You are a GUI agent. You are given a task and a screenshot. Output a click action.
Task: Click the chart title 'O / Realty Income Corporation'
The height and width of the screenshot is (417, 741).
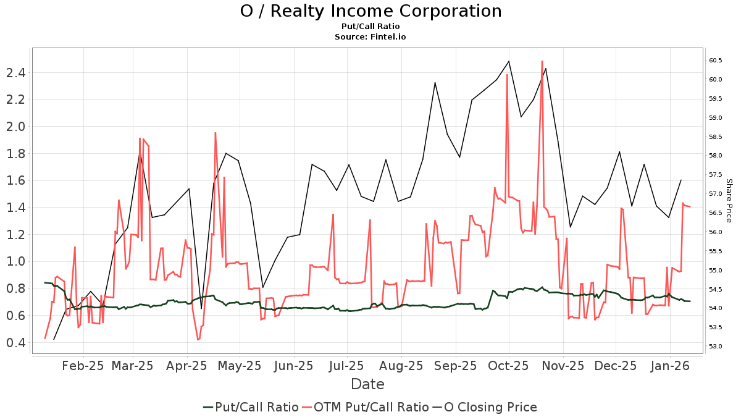[x=371, y=11]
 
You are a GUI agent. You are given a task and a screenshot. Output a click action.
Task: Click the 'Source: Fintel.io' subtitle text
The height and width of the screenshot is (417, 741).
[x=371, y=37]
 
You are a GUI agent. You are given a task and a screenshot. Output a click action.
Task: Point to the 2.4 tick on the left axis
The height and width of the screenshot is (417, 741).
[x=15, y=73]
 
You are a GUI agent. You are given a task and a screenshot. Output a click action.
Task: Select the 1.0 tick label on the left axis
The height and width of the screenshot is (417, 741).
[x=15, y=261]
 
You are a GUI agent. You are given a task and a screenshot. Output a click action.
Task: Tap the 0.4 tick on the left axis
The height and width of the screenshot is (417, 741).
[x=15, y=342]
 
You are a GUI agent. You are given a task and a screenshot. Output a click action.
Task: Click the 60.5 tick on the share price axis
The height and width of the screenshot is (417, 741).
[x=716, y=60]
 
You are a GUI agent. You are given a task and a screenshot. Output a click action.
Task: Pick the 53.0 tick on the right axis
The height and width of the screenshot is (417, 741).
[x=716, y=346]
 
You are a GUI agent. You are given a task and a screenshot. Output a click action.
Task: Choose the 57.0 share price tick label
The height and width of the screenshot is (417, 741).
[x=716, y=193]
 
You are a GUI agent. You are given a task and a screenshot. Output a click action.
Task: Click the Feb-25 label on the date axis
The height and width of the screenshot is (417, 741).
[x=83, y=366]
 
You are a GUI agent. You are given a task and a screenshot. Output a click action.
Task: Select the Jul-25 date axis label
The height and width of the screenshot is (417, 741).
[x=346, y=366]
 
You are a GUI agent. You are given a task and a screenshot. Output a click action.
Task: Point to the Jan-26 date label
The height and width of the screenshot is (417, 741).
[x=670, y=366]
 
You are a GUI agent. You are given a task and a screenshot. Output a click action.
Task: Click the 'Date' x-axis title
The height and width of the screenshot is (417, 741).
[x=367, y=384]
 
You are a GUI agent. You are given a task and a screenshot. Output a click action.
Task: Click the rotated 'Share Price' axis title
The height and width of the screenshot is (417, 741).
[x=729, y=200]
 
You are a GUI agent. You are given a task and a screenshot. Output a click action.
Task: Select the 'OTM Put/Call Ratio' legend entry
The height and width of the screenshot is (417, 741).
[x=371, y=407]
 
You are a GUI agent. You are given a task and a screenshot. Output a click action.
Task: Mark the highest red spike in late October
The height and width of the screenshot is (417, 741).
[x=542, y=61]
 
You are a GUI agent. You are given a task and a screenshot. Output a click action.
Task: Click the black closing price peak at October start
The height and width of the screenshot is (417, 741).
[x=509, y=61]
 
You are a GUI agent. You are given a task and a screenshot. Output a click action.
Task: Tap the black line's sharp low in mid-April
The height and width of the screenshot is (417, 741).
[x=201, y=308]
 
